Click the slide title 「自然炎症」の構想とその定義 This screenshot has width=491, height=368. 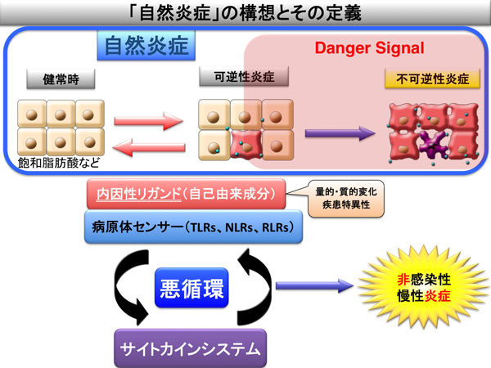pyautogui.click(x=245, y=13)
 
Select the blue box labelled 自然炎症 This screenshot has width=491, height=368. pyautogui.click(x=146, y=45)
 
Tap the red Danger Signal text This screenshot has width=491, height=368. pyautogui.click(x=369, y=48)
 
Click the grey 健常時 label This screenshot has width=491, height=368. pyautogui.click(x=61, y=79)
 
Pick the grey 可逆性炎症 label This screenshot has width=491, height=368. pyautogui.click(x=244, y=76)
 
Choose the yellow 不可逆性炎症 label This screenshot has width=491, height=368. pyautogui.click(x=432, y=79)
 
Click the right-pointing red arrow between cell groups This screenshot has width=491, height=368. pyautogui.click(x=148, y=121)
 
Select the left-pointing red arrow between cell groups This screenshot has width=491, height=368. pyautogui.click(x=149, y=147)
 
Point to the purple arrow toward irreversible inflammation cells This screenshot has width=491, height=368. pyautogui.click(x=340, y=133)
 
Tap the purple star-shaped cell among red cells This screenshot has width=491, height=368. pyautogui.click(x=432, y=144)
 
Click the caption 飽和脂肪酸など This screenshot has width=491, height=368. pyautogui.click(x=59, y=163)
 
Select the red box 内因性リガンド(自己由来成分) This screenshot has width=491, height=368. pyautogui.click(x=187, y=194)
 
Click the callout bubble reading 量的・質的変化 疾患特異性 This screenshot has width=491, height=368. pyautogui.click(x=346, y=199)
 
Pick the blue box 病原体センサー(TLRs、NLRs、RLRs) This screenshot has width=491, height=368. pyautogui.click(x=193, y=227)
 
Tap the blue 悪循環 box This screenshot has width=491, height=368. pyautogui.click(x=191, y=288)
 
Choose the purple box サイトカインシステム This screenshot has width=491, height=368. pyautogui.click(x=191, y=348)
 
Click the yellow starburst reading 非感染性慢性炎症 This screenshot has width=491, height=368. pyautogui.click(x=424, y=287)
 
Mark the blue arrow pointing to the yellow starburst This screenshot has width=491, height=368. pyautogui.click(x=314, y=285)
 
